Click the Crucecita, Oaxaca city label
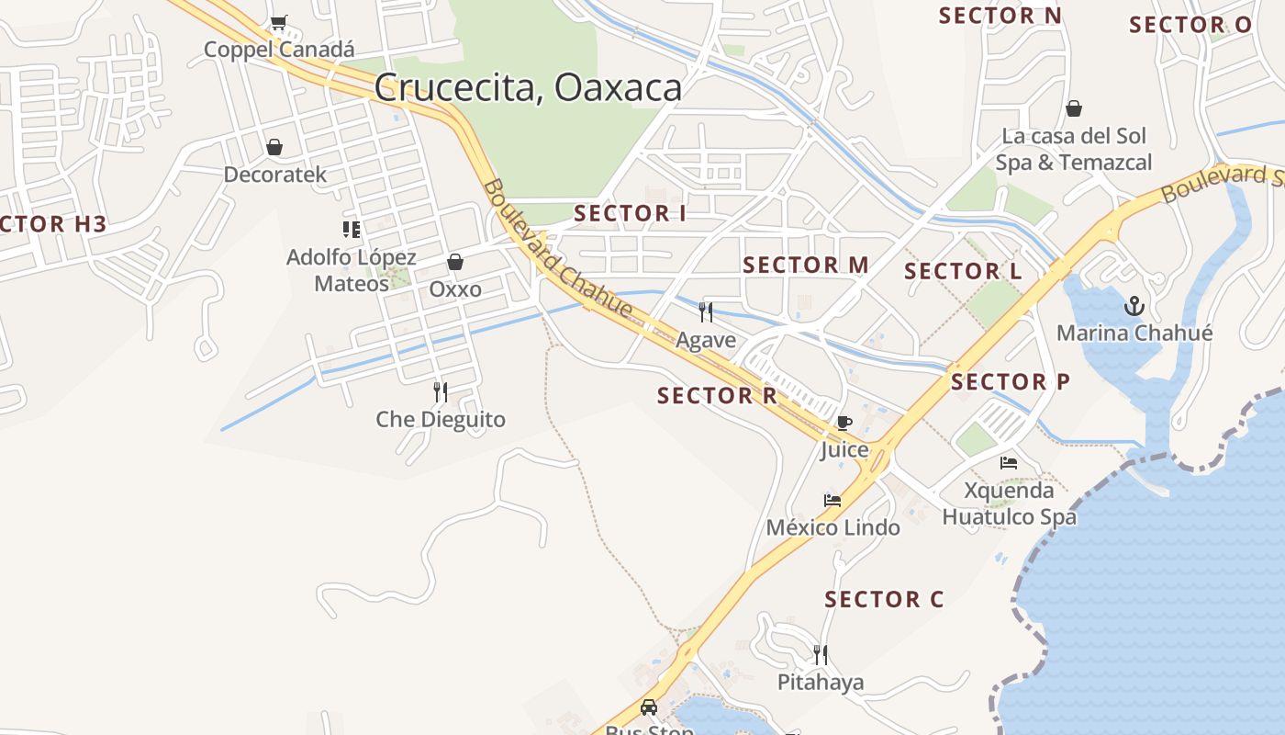tap(528, 88)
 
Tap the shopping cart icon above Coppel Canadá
tap(278, 23)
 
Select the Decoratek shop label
tap(274, 174)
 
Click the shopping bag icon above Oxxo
tap(455, 263)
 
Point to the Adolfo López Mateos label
tap(352, 270)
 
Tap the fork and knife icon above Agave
tap(706, 312)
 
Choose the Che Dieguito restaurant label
tap(441, 420)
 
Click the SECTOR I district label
tap(630, 214)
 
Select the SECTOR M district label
tap(805, 266)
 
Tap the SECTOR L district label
tap(963, 272)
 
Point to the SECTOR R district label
tap(717, 396)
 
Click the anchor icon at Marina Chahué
tap(1134, 306)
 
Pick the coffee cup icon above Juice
tap(844, 424)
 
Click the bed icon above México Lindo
tap(832, 501)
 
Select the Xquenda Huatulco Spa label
tap(1009, 503)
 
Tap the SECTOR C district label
tap(883, 600)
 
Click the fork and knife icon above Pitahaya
tap(821, 655)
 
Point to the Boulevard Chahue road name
tap(557, 249)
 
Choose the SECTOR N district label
tap(1000, 16)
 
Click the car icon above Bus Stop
tap(649, 707)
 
